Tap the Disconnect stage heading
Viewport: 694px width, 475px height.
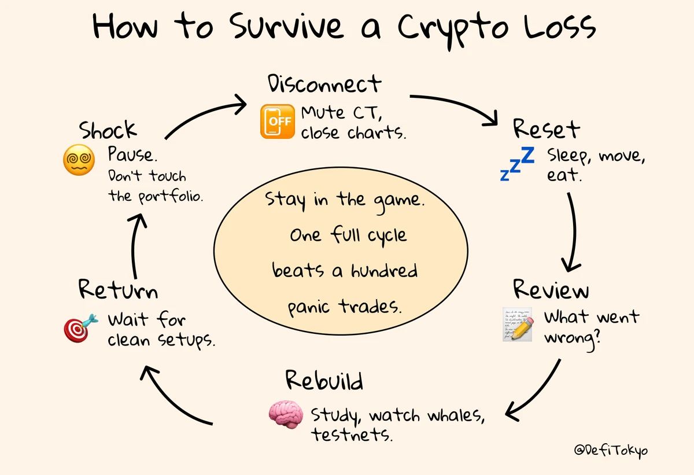point(324,84)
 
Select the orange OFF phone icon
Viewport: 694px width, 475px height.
point(277,121)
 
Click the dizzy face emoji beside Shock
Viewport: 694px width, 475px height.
point(79,160)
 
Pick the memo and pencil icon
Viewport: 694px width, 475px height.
point(517,324)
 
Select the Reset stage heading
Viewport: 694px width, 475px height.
point(546,128)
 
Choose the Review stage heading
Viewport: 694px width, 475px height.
point(551,289)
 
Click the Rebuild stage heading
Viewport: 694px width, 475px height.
point(324,381)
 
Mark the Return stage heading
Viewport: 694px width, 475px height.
point(118,289)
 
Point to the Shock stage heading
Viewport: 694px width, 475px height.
point(108,131)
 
